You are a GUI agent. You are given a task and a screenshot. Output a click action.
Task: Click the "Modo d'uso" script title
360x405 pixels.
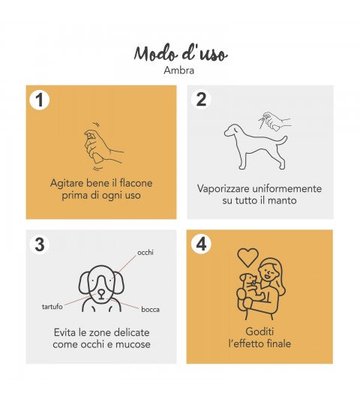[x=181, y=53]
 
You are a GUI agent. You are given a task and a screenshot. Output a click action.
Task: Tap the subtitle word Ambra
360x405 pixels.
[x=179, y=70]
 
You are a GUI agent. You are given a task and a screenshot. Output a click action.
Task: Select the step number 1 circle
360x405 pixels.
[x=39, y=100]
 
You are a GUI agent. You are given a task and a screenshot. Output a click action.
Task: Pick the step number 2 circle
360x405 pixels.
[x=201, y=99]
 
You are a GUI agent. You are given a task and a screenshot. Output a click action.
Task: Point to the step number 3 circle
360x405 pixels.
[x=40, y=244]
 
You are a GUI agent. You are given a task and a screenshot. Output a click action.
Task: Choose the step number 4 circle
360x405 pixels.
[x=202, y=244]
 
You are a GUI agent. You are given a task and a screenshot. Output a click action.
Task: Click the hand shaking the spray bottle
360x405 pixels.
[x=103, y=148]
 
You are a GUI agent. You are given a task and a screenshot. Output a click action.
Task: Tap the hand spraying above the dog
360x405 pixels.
[x=276, y=121]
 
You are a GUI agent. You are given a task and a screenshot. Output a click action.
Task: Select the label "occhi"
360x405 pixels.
[x=145, y=252]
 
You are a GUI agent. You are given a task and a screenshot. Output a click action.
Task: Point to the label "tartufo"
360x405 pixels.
[x=52, y=307]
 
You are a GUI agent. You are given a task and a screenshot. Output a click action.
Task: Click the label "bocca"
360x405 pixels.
[x=150, y=309]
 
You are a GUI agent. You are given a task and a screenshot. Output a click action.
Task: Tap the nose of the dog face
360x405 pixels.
[x=101, y=292]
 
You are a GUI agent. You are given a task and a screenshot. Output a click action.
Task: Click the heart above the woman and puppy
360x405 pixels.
[x=247, y=257]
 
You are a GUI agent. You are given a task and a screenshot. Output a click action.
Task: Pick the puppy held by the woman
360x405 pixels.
[x=250, y=289]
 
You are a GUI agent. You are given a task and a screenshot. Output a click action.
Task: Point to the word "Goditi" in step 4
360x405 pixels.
[x=259, y=331]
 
